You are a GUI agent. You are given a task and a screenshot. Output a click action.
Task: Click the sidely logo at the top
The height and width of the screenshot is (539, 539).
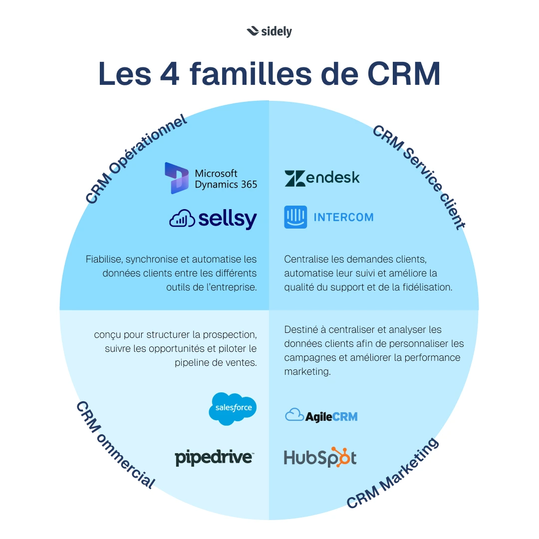(269, 31)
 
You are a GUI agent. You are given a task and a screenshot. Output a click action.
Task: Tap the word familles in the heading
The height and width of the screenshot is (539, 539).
(257, 73)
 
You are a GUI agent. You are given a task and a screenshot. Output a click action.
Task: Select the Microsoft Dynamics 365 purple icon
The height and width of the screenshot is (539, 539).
(177, 178)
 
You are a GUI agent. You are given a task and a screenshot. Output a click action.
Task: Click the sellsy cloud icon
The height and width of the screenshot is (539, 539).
(182, 219)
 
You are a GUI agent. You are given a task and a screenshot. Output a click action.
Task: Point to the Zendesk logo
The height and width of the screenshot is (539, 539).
(322, 178)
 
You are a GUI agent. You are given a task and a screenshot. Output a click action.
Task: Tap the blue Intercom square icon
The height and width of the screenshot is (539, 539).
(295, 217)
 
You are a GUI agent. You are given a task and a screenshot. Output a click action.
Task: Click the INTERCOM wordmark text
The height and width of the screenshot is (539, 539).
(343, 218)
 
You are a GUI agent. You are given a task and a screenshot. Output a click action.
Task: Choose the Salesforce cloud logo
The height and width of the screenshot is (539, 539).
(233, 408)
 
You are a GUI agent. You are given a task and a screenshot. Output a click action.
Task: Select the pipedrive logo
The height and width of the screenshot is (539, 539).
(214, 458)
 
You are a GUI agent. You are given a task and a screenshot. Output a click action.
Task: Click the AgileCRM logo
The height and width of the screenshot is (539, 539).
(321, 415)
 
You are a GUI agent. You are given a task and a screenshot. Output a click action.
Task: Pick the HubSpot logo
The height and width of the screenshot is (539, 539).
(320, 458)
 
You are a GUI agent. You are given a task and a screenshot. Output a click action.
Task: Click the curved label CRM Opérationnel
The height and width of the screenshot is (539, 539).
(136, 158)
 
